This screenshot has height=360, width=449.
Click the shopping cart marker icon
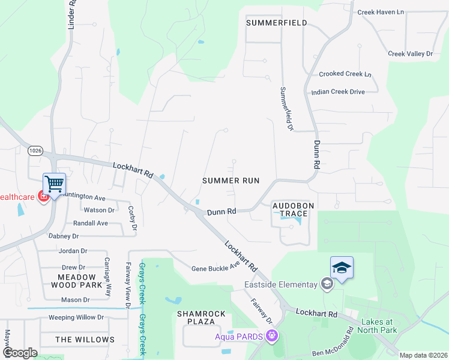click(x=54, y=184)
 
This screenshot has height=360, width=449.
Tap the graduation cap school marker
click(x=342, y=268)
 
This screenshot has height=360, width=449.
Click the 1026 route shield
click(x=35, y=151)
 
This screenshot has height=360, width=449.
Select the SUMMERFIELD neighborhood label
click(x=277, y=23)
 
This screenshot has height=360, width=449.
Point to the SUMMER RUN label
click(x=231, y=180)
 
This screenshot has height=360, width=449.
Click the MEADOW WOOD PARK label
click(x=76, y=281)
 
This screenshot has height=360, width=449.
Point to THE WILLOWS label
click(x=85, y=340)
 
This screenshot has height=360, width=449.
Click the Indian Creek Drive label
click(x=338, y=92)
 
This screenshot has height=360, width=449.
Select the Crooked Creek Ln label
click(x=345, y=74)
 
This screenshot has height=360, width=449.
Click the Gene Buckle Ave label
click(x=215, y=267)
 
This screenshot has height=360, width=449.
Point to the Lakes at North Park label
click(x=379, y=325)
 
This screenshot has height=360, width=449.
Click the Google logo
click(x=20, y=353)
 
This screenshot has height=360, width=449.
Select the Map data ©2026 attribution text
click(x=423, y=355)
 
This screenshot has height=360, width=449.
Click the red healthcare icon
click(x=43, y=196)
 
